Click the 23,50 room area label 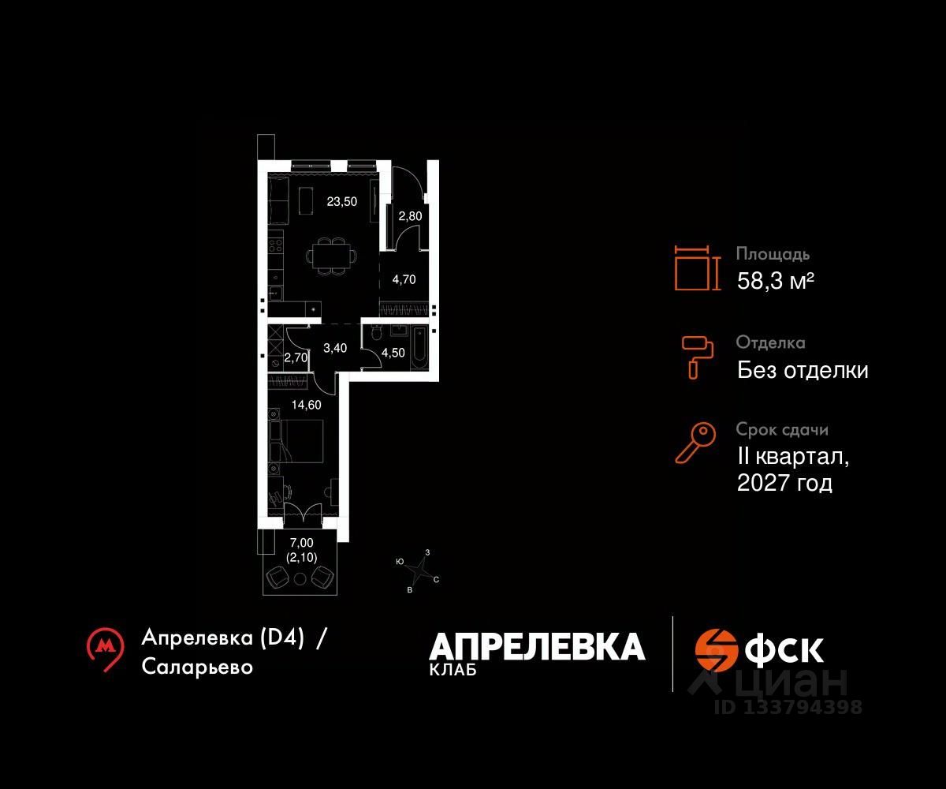(x=341, y=201)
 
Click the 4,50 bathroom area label (x=393, y=353)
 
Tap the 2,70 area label (x=296, y=357)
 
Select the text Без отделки (x=803, y=370)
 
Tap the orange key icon (x=695, y=443)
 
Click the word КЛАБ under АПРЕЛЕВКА (x=453, y=670)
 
